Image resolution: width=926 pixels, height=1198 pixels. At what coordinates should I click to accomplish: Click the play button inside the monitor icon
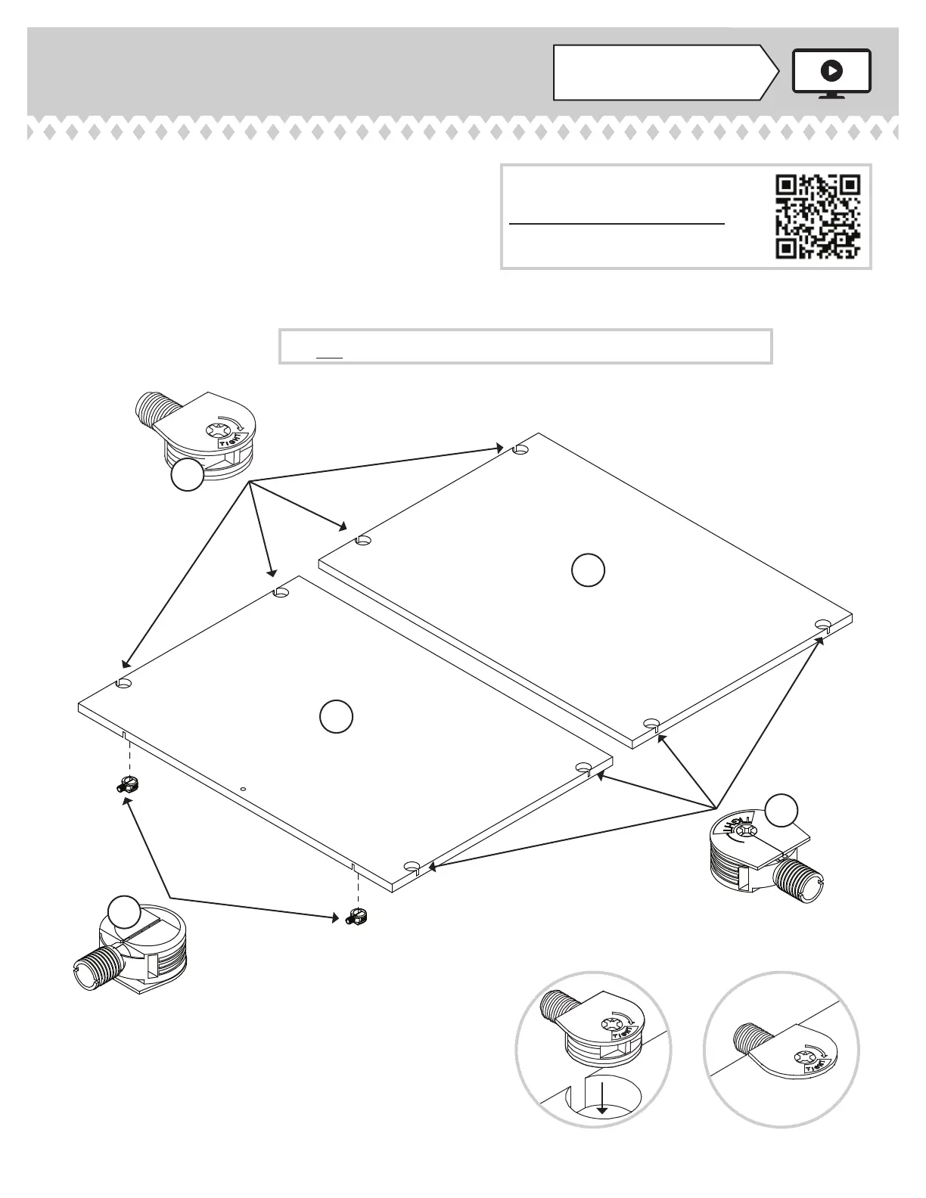(x=831, y=71)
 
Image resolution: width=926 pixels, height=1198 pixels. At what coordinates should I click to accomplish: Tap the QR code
(x=818, y=216)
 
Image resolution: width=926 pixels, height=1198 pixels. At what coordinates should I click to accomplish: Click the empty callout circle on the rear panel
(x=588, y=571)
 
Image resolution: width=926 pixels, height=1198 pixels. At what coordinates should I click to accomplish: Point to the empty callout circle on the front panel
(x=335, y=717)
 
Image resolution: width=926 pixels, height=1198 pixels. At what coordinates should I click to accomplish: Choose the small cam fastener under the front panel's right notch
(x=356, y=917)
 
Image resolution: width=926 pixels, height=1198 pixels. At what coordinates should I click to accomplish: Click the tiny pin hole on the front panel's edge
(x=243, y=788)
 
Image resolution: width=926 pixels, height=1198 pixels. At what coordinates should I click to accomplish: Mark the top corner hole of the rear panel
(x=520, y=449)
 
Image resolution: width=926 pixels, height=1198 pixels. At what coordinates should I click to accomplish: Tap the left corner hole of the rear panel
(x=364, y=541)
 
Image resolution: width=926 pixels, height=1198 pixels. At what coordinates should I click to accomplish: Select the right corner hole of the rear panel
(x=823, y=624)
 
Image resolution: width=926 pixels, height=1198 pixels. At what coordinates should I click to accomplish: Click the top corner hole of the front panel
(x=281, y=592)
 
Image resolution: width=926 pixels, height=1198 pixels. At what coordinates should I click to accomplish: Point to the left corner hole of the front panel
(x=124, y=683)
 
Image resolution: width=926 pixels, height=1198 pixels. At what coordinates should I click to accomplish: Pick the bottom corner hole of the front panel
(x=412, y=866)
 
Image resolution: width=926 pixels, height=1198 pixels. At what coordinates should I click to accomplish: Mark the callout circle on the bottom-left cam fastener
(x=124, y=912)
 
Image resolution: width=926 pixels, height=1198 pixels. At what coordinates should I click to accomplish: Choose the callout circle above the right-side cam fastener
(x=781, y=810)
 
